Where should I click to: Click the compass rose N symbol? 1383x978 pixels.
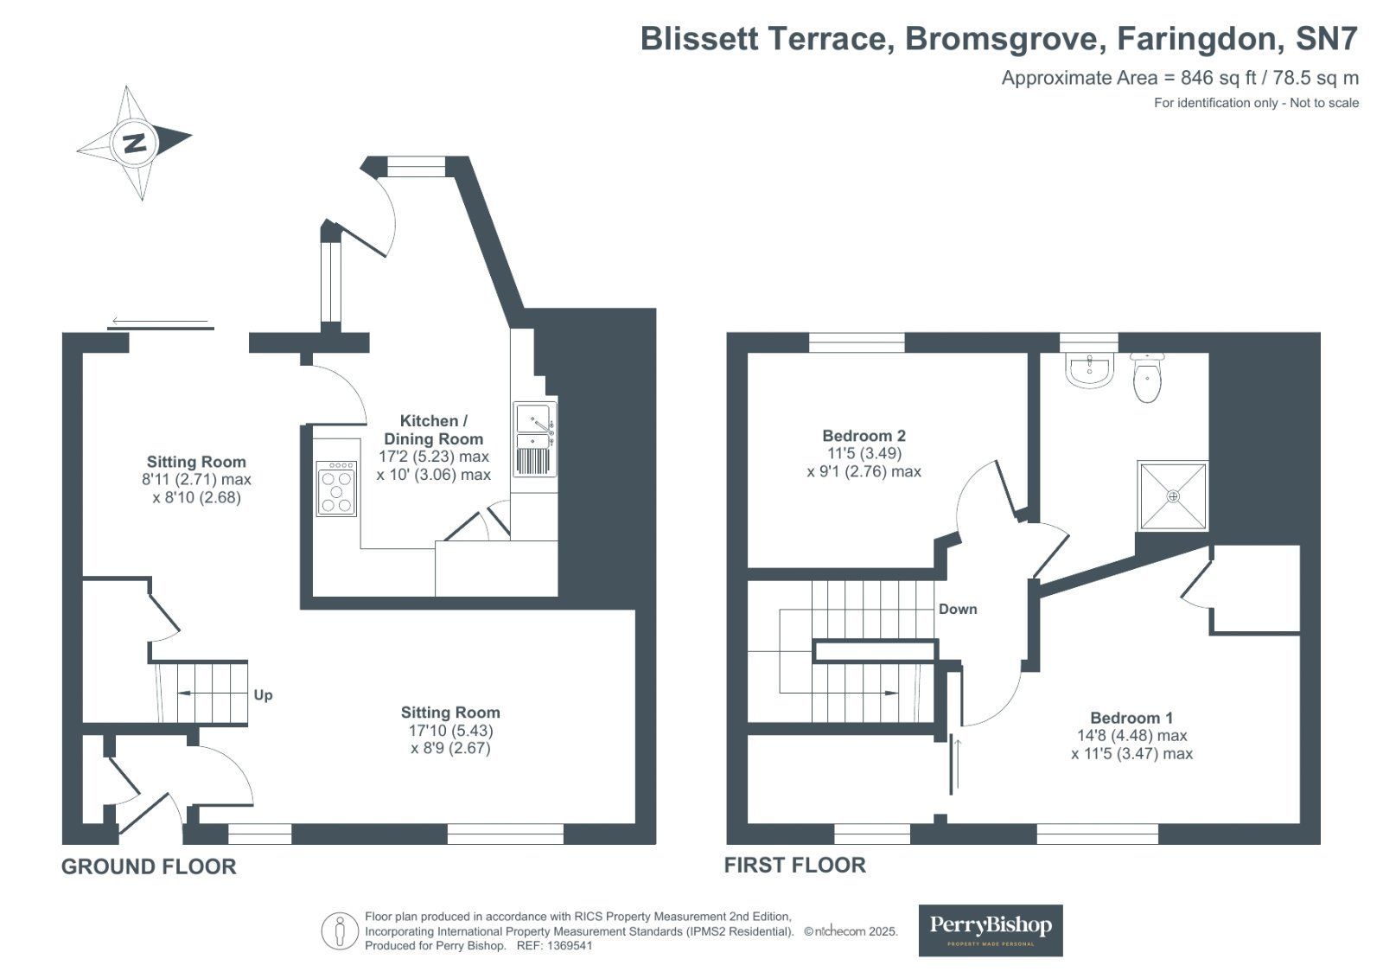click(135, 143)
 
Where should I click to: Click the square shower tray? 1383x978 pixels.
click(1172, 495)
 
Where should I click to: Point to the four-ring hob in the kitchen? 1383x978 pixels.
click(336, 489)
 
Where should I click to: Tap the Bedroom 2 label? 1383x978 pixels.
click(864, 436)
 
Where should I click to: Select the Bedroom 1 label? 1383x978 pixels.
click(1131, 718)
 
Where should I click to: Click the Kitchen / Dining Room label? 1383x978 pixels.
click(433, 430)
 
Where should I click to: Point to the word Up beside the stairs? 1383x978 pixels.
click(263, 695)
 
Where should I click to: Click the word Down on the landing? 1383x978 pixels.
click(958, 610)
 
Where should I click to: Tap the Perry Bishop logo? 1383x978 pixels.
click(990, 930)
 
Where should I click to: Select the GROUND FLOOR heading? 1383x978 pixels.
click(149, 866)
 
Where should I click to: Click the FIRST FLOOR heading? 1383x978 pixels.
click(794, 865)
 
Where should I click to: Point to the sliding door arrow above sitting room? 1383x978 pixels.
click(162, 323)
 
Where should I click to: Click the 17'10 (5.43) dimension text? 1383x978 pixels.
click(450, 731)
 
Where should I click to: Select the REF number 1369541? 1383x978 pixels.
click(565, 946)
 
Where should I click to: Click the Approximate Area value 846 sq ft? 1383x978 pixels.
click(1218, 78)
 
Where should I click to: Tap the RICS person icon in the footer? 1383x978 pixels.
click(340, 931)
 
